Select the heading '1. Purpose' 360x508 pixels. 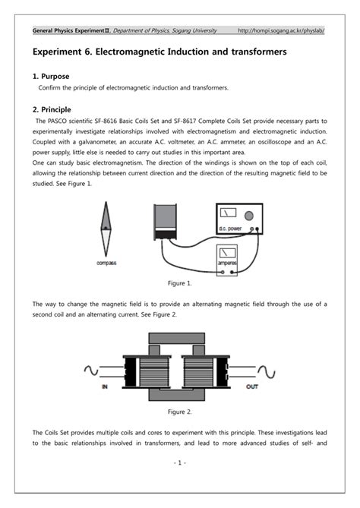pyautogui.click(x=51, y=77)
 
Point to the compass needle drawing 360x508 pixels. pyautogui.click(x=105, y=231)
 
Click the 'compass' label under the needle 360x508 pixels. pyautogui.click(x=106, y=263)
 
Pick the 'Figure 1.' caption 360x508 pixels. pyautogui.click(x=179, y=282)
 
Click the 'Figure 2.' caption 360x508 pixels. pyautogui.click(x=179, y=411)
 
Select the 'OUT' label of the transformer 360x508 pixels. pyautogui.click(x=254, y=387)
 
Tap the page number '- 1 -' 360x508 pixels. pyautogui.click(x=179, y=462)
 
